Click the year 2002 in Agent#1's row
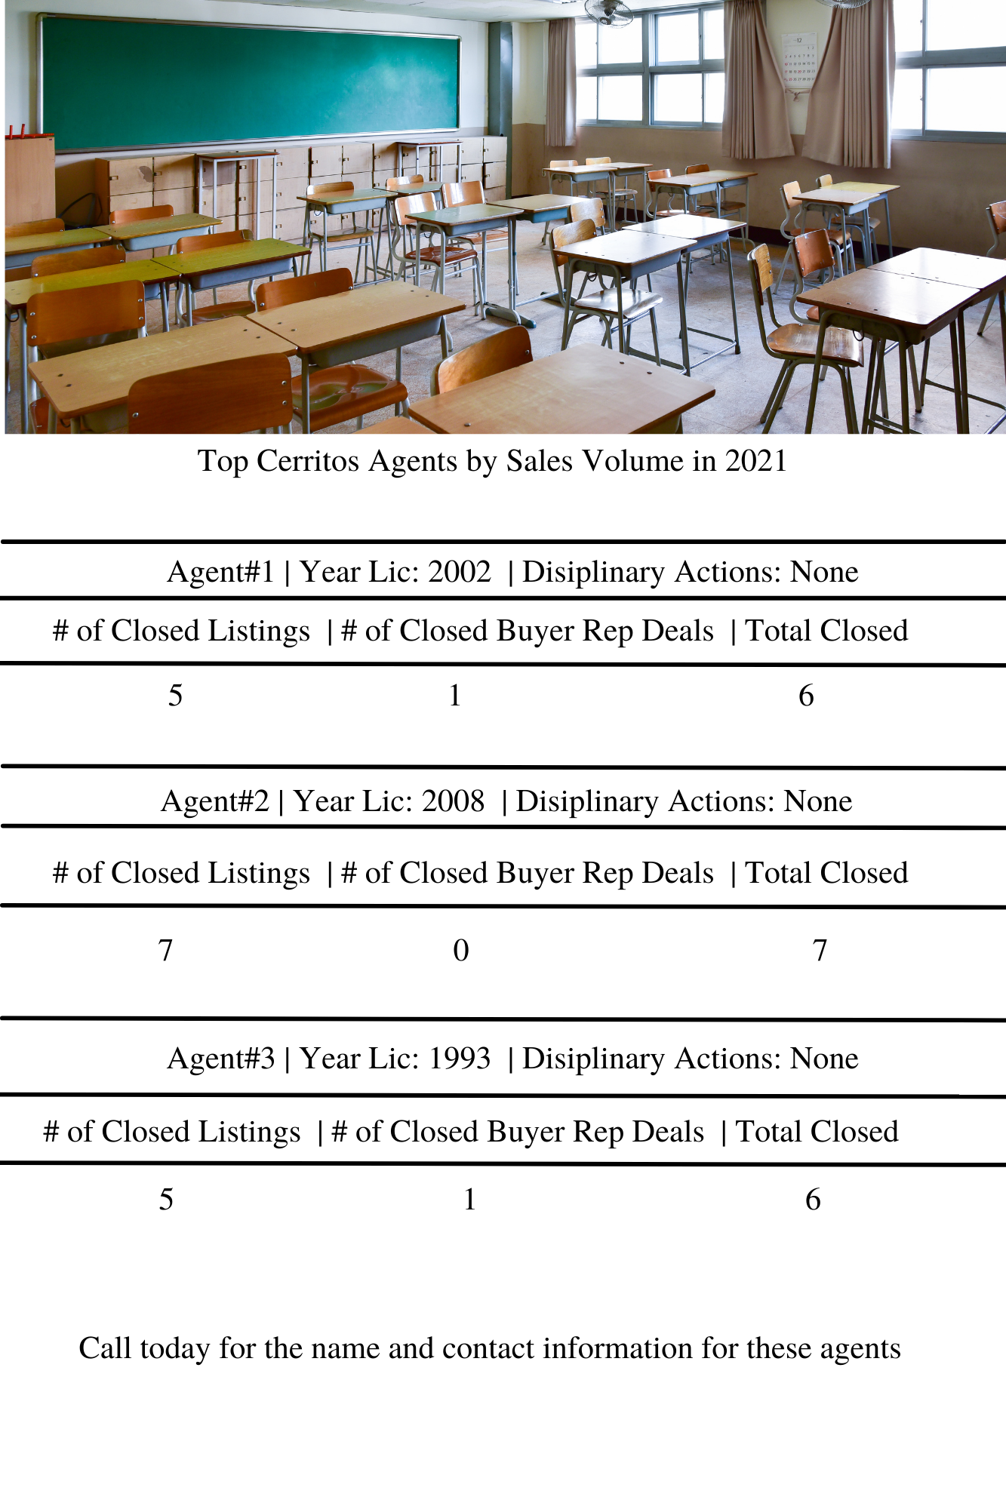(x=459, y=572)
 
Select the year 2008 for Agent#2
(x=453, y=801)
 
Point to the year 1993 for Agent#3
(x=459, y=1059)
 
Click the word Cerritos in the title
(x=307, y=461)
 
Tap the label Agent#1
(x=220, y=572)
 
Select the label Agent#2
(x=214, y=801)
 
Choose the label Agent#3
(x=220, y=1059)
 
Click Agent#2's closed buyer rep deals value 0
(x=460, y=951)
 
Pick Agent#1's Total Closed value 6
(x=806, y=696)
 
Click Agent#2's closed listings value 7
(x=165, y=951)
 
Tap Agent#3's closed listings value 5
(x=166, y=1200)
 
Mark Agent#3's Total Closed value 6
(x=813, y=1200)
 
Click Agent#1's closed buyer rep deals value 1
(x=454, y=696)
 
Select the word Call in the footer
(x=105, y=1348)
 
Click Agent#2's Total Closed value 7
(x=820, y=951)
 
